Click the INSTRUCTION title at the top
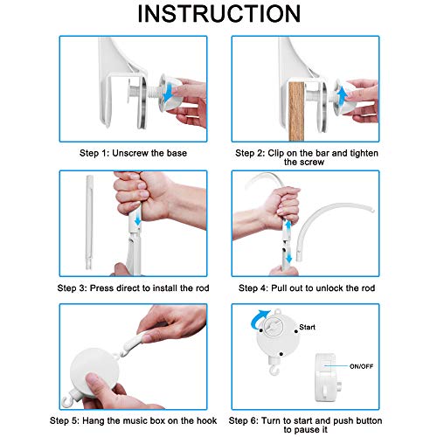[219, 14]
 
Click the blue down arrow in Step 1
[168, 92]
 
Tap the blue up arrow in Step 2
[342, 95]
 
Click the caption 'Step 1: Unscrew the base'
[133, 153]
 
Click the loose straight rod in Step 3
[89, 222]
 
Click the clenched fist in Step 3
[140, 194]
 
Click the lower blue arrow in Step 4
[288, 256]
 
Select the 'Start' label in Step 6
[307, 327]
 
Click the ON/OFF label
[361, 366]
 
